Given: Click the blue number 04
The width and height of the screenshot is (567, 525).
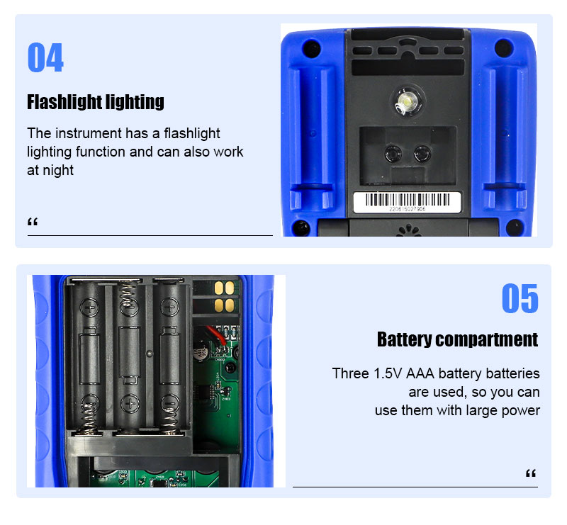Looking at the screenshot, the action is pyautogui.click(x=45, y=57).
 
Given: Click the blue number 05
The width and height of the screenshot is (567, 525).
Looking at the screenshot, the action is pyautogui.click(x=520, y=298).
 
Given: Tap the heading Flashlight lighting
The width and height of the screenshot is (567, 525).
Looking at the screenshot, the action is pyautogui.click(x=96, y=102).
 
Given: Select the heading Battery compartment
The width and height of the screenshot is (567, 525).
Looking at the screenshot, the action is pyautogui.click(x=457, y=339).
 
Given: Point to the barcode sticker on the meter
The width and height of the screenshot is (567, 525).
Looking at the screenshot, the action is pyautogui.click(x=407, y=202).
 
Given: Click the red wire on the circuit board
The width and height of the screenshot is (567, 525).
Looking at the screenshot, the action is pyautogui.click(x=217, y=335).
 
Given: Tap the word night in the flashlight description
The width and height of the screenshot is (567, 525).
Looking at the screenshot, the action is pyautogui.click(x=58, y=170).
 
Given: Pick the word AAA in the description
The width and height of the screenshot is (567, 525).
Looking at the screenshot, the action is pyautogui.click(x=420, y=373).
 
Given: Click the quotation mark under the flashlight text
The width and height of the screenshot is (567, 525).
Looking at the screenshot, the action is pyautogui.click(x=33, y=222).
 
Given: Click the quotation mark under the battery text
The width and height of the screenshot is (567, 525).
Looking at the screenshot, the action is pyautogui.click(x=530, y=473).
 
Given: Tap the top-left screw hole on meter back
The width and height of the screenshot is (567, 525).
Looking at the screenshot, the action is pyautogui.click(x=311, y=48).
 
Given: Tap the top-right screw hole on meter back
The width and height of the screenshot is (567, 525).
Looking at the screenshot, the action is pyautogui.click(x=504, y=47).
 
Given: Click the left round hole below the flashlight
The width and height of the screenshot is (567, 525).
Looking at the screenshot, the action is pyautogui.click(x=393, y=154).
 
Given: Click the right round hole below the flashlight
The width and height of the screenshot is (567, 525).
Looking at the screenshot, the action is pyautogui.click(x=422, y=154).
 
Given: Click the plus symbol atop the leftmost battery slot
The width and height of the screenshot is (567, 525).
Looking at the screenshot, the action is pyautogui.click(x=89, y=307).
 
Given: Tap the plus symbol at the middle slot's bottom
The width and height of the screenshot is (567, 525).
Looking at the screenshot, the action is pyautogui.click(x=130, y=404).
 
